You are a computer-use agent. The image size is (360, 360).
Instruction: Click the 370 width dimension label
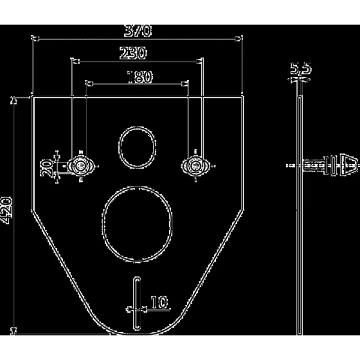click(138, 31)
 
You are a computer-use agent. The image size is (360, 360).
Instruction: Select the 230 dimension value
click(133, 53)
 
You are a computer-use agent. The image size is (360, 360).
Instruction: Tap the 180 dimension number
click(139, 77)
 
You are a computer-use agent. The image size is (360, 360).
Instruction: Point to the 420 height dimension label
click(6, 210)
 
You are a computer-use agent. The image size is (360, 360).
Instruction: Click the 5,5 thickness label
click(301, 68)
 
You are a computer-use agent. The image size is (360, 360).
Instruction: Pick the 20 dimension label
click(47, 168)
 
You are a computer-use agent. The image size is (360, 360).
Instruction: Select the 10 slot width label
click(160, 302)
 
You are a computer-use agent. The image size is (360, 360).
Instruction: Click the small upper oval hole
click(137, 147)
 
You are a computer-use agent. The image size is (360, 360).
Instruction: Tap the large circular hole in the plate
click(137, 224)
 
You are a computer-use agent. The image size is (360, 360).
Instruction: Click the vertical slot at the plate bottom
click(137, 303)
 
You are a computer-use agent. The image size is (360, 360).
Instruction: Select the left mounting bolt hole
click(80, 166)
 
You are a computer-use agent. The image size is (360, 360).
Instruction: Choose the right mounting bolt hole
click(196, 166)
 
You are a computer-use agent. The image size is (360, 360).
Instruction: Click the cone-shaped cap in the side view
click(349, 166)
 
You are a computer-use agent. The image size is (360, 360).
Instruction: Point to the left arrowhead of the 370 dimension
click(35, 39)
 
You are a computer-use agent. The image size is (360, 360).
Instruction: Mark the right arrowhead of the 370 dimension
click(239, 39)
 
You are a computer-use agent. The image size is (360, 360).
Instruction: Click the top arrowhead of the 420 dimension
click(14, 100)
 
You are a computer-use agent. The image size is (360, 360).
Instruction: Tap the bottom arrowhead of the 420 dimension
click(14, 331)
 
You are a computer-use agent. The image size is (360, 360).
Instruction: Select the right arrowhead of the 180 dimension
click(185, 84)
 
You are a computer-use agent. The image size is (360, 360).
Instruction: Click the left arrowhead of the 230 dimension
click(76, 62)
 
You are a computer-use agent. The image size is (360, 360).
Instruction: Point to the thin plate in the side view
click(300, 216)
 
